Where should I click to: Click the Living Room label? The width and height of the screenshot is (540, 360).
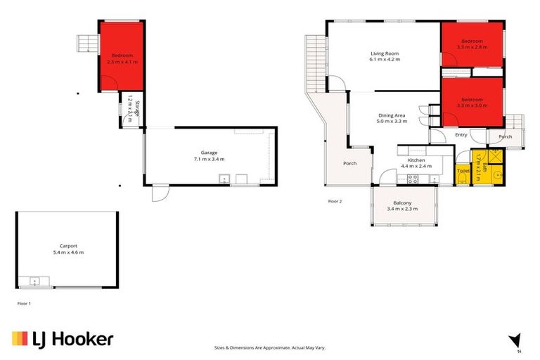click(385, 53)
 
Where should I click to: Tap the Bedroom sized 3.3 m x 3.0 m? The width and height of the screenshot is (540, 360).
click(472, 102)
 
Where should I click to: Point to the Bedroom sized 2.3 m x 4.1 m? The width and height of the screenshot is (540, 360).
click(122, 58)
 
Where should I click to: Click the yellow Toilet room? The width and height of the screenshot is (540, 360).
click(463, 171)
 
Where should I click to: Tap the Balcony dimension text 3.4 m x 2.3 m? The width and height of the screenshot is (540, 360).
click(402, 209)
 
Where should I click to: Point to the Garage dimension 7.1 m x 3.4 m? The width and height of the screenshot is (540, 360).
click(210, 160)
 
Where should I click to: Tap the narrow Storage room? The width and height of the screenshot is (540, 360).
click(131, 110)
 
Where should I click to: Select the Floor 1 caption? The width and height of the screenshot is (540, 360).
click(24, 304)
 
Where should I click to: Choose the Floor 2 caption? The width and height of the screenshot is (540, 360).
click(335, 201)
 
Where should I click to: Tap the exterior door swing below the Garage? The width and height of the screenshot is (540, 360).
click(160, 192)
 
